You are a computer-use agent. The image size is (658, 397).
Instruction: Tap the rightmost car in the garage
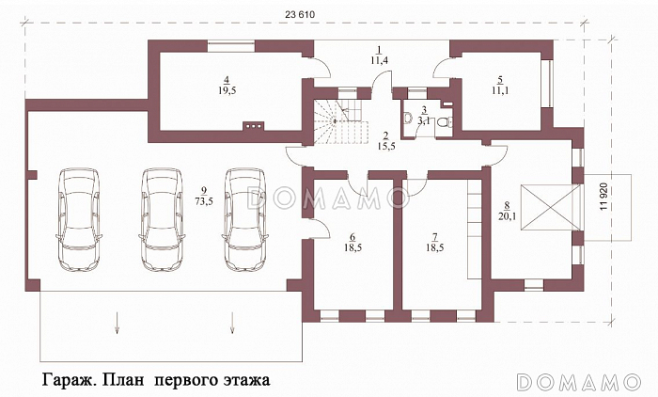click(x=243, y=219)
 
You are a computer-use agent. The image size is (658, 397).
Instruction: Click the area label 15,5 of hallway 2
click(x=384, y=148)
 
